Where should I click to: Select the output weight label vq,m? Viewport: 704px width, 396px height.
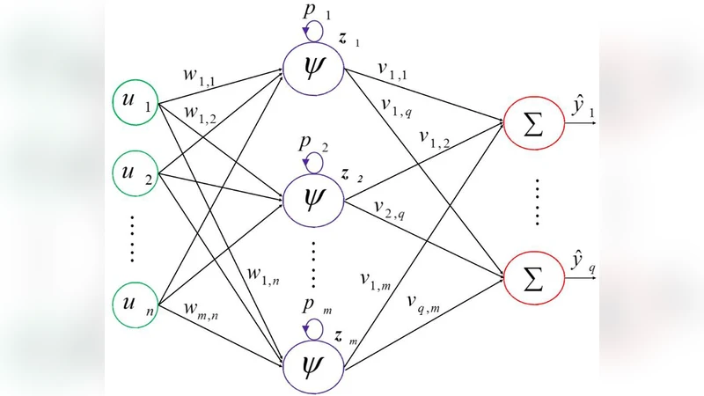[x=423, y=304]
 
